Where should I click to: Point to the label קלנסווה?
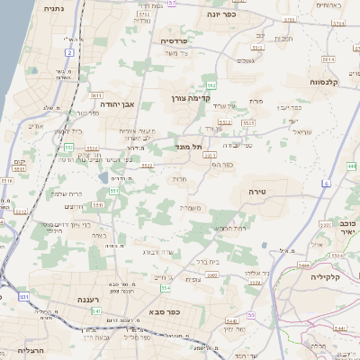point(319,82)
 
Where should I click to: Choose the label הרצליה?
point(17,351)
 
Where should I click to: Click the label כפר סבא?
point(164,312)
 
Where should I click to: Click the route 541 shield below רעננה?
point(95,310)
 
